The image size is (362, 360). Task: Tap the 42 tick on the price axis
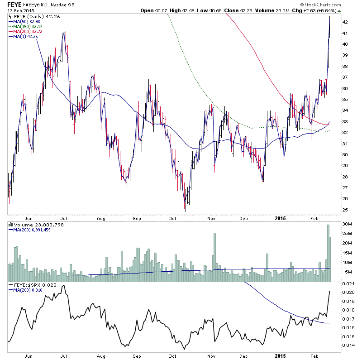click(x=344, y=22)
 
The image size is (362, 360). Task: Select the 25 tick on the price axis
click(x=344, y=210)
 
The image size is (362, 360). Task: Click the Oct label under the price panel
click(x=172, y=218)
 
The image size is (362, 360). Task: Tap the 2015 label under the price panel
click(x=281, y=218)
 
